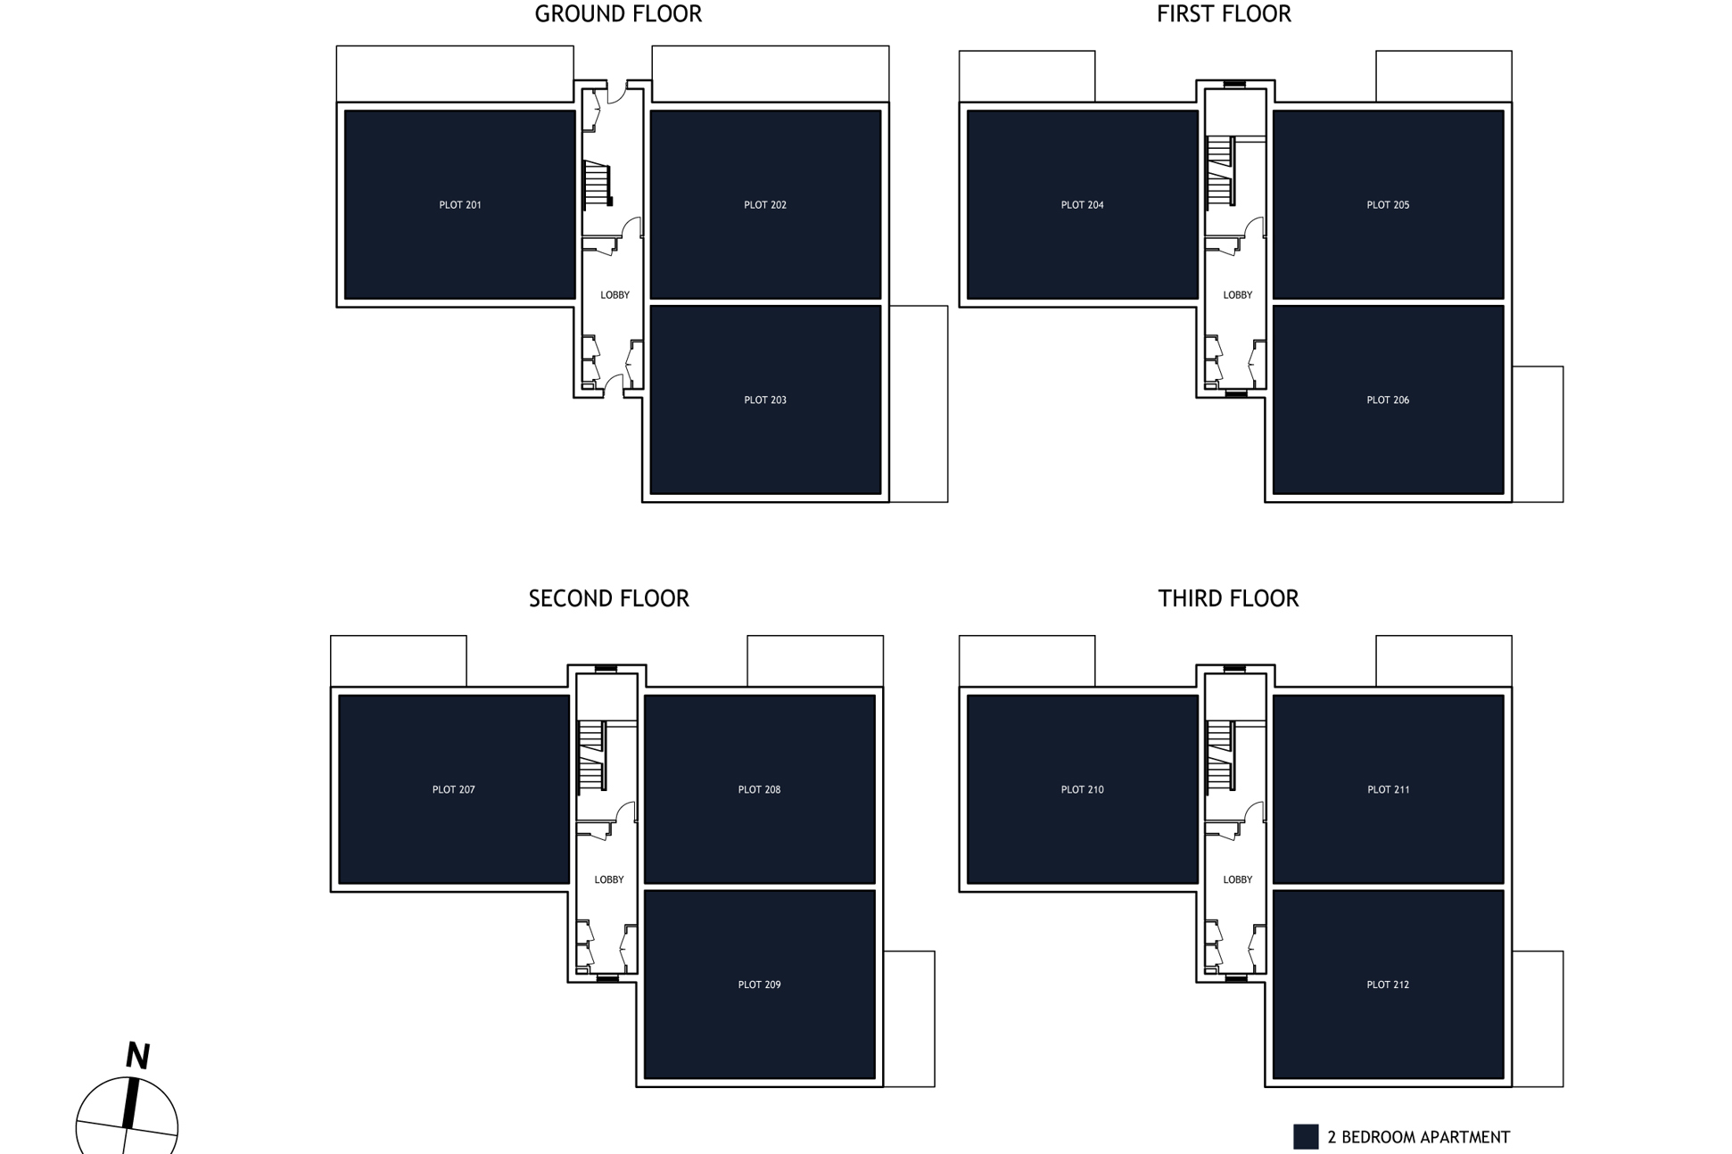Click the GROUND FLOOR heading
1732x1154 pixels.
coord(617,14)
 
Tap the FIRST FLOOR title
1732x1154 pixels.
coord(1223,14)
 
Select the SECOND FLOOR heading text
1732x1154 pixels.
coord(608,598)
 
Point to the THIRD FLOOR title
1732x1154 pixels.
coord(1227,598)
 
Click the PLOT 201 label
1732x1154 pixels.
coord(459,205)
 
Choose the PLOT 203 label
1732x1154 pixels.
coord(764,400)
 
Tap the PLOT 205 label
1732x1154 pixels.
coord(1387,205)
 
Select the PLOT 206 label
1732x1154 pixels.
coord(1387,400)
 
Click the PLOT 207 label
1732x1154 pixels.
coord(453,789)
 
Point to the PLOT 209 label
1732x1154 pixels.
coord(759,985)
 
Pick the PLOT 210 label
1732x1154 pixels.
coord(1082,789)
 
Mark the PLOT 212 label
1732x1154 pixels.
coord(1387,985)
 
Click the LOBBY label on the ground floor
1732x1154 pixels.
coord(614,295)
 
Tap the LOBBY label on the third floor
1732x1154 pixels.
coord(1237,879)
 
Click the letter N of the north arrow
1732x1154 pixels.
coord(137,1056)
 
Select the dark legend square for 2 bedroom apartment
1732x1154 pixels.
coord(1305,1136)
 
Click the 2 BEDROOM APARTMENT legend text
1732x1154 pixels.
coord(1418,1137)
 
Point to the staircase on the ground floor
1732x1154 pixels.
coord(597,184)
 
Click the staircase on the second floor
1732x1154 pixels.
coord(591,755)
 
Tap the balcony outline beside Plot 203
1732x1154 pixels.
coord(919,404)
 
